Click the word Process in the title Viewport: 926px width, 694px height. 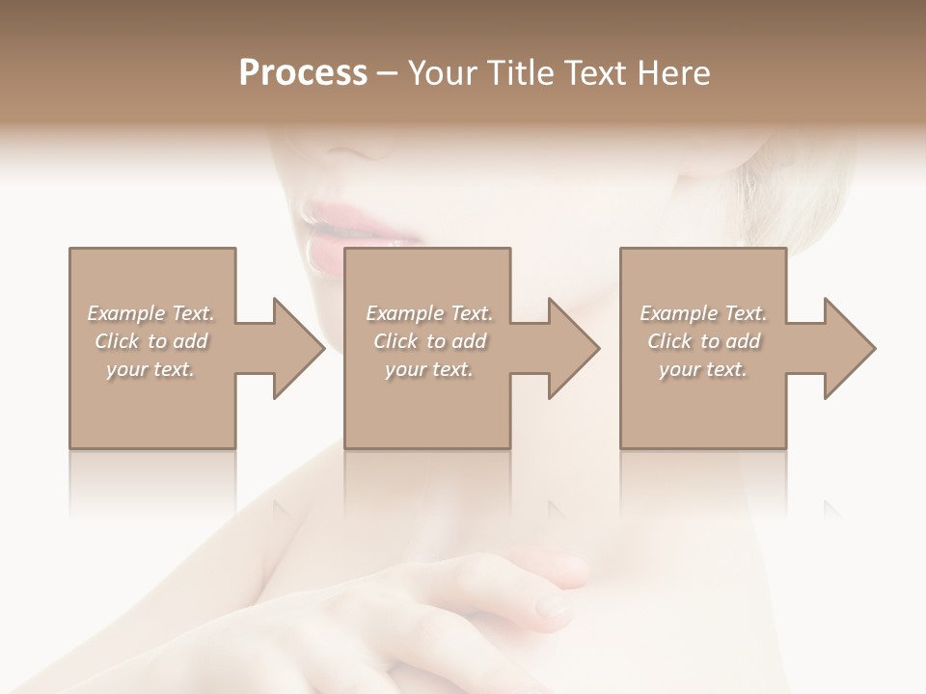tap(303, 73)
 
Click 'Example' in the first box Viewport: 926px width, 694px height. tap(126, 313)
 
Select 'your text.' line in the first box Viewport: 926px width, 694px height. tap(150, 369)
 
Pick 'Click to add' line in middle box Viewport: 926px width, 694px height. tap(429, 341)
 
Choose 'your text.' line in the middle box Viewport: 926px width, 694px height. tap(429, 369)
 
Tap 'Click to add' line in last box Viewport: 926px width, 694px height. tap(703, 341)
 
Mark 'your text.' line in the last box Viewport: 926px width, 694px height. tap(703, 369)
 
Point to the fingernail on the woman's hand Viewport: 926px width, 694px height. tap(554, 606)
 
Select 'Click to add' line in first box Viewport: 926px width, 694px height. tap(150, 341)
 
